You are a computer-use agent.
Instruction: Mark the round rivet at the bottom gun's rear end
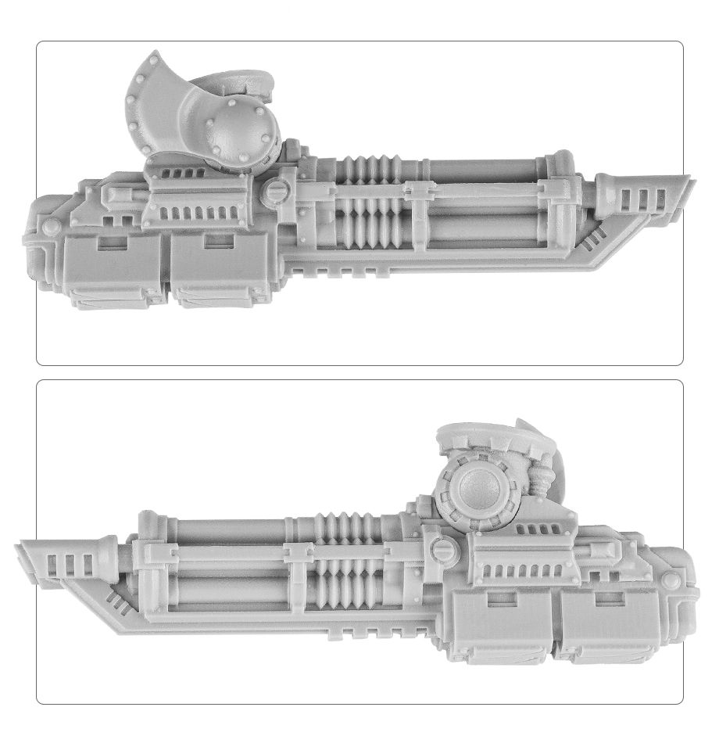(x=671, y=582)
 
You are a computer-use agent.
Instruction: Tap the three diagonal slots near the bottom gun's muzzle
(x=117, y=598)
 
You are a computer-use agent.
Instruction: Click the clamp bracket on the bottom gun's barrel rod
(x=297, y=553)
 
